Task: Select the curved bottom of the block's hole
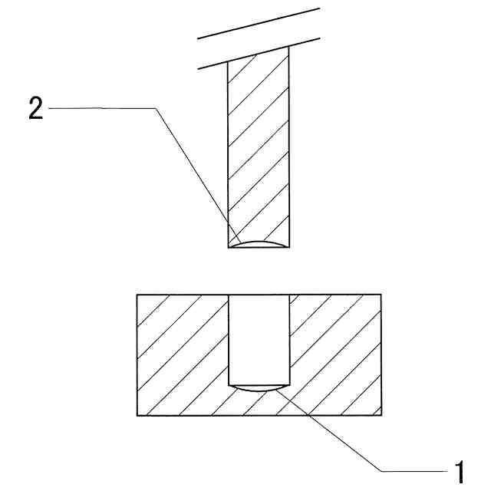coord(260,388)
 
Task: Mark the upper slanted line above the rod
coord(258,24)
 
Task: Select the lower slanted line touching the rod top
coord(258,53)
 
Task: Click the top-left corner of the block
coord(137,295)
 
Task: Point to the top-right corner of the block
coord(382,295)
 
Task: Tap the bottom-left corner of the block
coord(137,416)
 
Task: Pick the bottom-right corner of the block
coord(382,416)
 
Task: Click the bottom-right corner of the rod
coord(290,247)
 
